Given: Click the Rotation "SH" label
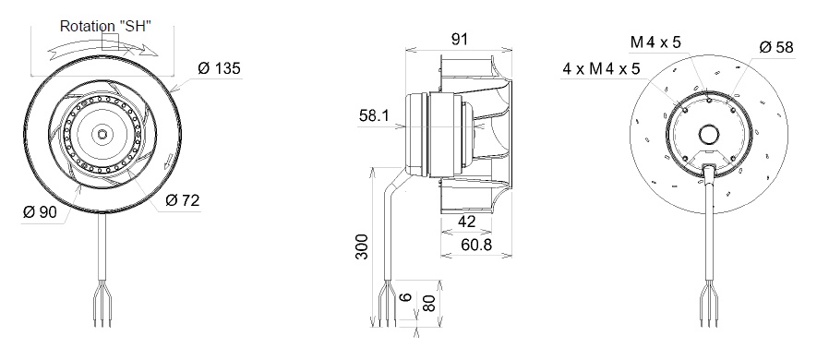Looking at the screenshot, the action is pos(106,27).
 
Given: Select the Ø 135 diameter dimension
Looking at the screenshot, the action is pos(220,68).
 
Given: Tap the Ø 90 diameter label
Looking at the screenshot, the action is pos(40,212).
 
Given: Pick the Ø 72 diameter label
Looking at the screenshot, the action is pos(183,200).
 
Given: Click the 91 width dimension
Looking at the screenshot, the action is pos(459,39).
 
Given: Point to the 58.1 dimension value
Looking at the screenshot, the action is pos(374,115).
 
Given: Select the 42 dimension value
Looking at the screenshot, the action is pos(466,222).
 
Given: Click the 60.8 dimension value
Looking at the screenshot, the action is pos(476,244).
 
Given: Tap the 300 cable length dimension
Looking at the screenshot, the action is pos(362,247).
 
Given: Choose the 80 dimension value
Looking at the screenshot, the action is pos(428,303).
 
